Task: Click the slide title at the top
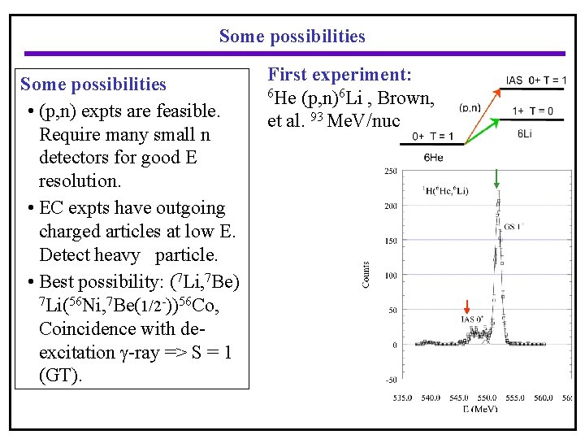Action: [292, 37]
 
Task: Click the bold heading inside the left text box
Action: [93, 85]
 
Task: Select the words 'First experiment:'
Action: [340, 76]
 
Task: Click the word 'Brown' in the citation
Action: [408, 99]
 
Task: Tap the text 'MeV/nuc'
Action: [369, 122]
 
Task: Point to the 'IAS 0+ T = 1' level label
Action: [536, 80]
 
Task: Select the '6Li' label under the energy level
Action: [526, 133]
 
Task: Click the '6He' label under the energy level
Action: [433, 157]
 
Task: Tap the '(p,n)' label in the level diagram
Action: [470, 107]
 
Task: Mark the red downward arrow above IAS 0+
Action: [467, 307]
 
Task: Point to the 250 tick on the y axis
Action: [390, 172]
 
